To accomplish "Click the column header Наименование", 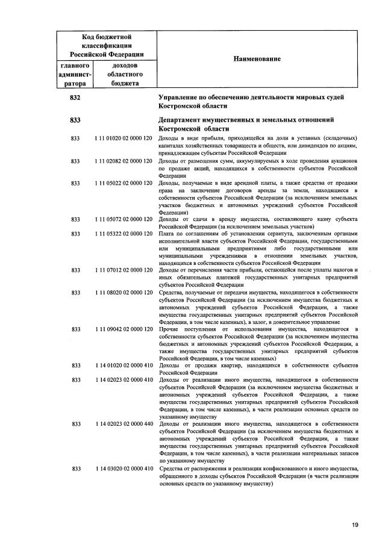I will click(x=253, y=58).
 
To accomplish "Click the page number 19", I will click(x=356, y=525).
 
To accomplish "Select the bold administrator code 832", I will click(x=75, y=97).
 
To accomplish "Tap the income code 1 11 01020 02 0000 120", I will click(x=123, y=139).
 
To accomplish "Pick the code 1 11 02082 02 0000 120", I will click(x=123, y=161).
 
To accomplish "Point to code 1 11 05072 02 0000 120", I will click(x=123, y=220).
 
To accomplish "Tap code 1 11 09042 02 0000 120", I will click(x=123, y=328).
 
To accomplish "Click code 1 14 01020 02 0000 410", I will click(x=123, y=365).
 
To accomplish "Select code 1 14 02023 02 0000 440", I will click(x=123, y=424).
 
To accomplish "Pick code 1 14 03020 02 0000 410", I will click(x=123, y=468).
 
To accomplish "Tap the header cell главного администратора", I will click(x=75, y=74).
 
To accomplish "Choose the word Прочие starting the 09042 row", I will click(x=169, y=328).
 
